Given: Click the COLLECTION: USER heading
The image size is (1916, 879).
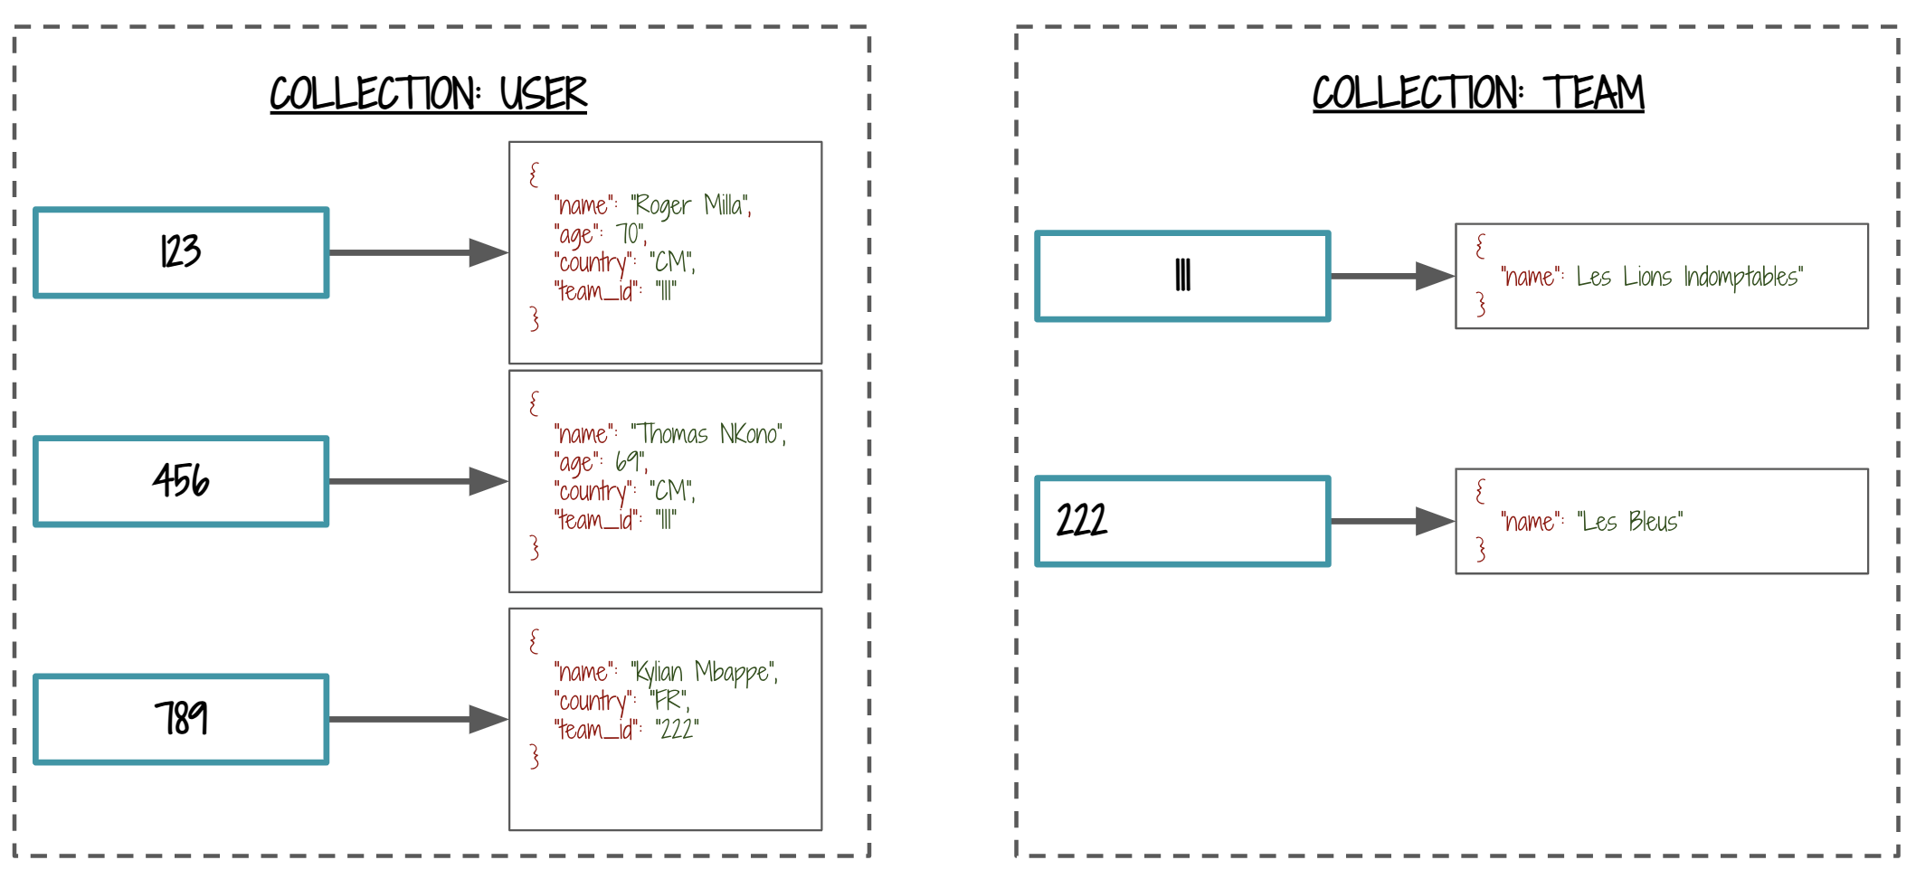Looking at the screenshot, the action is tap(428, 94).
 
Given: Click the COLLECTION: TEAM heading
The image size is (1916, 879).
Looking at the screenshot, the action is tap(1477, 94).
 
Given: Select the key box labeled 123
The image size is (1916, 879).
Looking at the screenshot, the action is tap(181, 252).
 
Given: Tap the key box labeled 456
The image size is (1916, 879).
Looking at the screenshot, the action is tap(181, 481).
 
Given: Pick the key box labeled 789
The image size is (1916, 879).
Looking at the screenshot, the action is tap(181, 719).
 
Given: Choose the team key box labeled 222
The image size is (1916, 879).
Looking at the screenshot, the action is tap(1182, 521).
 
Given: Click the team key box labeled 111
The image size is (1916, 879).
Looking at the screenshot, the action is tap(1182, 276).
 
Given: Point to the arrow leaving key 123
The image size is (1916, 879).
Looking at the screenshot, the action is tap(417, 252).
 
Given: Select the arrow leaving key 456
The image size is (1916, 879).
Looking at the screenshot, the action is tap(417, 481).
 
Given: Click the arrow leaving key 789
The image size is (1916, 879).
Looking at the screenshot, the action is tap(417, 719).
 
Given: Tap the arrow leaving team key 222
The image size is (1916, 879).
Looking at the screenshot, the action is tap(1391, 521).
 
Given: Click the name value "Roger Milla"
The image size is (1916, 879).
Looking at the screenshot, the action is tap(691, 206).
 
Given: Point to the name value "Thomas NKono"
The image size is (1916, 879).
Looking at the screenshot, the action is tap(708, 435).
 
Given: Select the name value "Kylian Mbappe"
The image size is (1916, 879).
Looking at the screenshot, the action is tap(705, 673).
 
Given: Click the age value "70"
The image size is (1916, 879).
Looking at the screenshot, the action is tap(631, 234).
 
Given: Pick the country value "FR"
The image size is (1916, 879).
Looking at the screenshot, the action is tap(669, 701).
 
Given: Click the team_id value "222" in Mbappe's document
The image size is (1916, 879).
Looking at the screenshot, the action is tap(677, 730).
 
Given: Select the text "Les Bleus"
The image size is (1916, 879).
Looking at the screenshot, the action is tap(1630, 522).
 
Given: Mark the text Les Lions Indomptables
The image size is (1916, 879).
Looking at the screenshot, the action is tap(1690, 277).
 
